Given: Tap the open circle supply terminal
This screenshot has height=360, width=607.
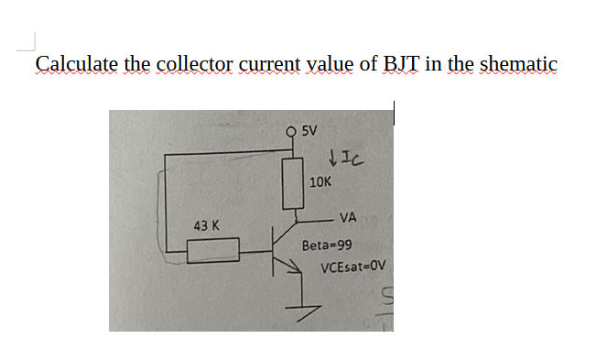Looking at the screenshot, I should (x=292, y=131).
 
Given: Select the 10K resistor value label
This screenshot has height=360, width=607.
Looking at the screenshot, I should (x=320, y=181).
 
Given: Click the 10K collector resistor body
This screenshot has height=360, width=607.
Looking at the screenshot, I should (x=292, y=180).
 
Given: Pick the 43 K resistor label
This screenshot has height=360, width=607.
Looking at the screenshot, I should (x=205, y=224).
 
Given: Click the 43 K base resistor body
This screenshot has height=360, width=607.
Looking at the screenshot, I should (x=213, y=249).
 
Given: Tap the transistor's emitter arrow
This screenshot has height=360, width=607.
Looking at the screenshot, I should (x=294, y=266).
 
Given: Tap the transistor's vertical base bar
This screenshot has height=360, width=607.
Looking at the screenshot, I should (x=276, y=249).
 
